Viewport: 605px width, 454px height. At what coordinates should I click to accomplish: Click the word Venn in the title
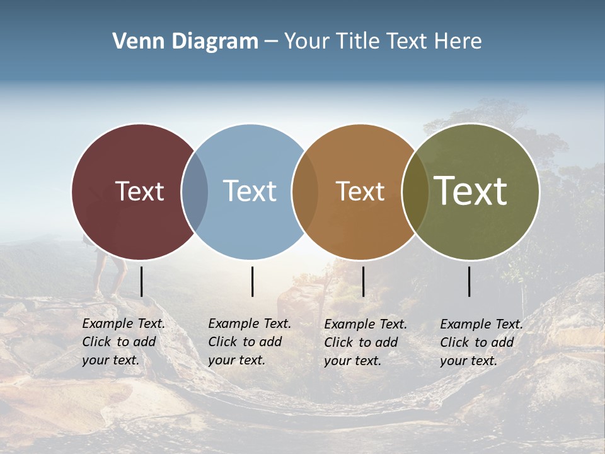tap(134, 42)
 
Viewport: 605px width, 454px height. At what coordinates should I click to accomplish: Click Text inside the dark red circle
tap(139, 191)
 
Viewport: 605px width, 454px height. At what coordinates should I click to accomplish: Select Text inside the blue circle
tap(250, 191)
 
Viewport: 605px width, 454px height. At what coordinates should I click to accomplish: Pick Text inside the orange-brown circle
tap(360, 191)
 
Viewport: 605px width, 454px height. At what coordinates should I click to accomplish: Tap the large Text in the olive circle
tap(471, 191)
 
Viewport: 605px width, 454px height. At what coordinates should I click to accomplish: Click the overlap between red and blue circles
tap(195, 192)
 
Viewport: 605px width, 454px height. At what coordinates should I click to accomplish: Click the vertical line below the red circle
tap(141, 281)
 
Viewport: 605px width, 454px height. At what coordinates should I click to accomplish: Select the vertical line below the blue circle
tap(252, 281)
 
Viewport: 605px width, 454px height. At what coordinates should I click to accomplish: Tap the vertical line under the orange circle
tap(363, 281)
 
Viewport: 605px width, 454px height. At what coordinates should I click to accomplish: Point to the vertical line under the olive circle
tap(470, 281)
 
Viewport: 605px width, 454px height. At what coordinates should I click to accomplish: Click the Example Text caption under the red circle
tap(124, 342)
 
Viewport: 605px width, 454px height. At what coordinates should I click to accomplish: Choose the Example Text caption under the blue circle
tap(250, 342)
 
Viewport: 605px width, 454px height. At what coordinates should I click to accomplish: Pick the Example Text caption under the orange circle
tap(366, 342)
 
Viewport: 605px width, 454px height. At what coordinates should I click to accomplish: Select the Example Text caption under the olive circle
tap(481, 342)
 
